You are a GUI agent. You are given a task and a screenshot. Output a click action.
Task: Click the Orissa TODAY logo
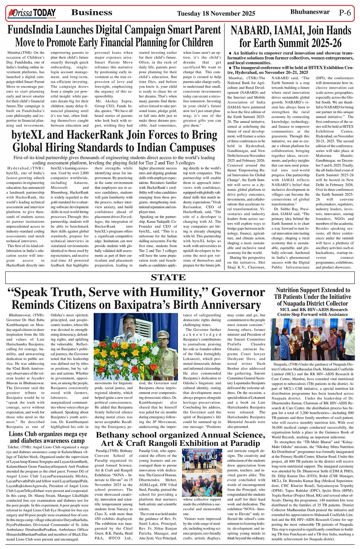pyautogui.click(x=32, y=14)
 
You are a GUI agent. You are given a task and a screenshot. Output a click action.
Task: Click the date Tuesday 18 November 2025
pyautogui.click(x=216, y=14)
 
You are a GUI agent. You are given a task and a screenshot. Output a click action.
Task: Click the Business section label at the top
pyautogui.click(x=92, y=13)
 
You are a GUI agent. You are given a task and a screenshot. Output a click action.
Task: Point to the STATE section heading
pyautogui.click(x=168, y=278)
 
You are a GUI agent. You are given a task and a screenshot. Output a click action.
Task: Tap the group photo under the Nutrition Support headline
pyautogui.click(x=312, y=340)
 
